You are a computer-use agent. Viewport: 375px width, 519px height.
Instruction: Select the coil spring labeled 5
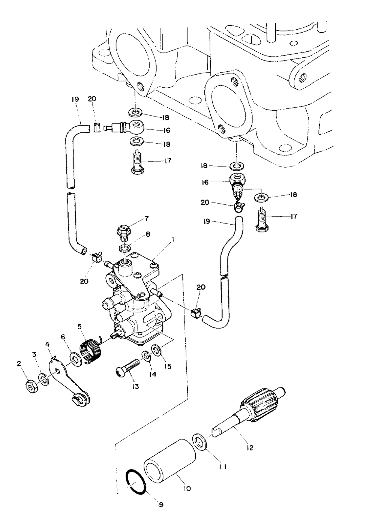[91, 351]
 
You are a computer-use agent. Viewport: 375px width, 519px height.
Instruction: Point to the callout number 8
[147, 234]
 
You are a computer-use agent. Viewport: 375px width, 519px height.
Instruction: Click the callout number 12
[250, 448]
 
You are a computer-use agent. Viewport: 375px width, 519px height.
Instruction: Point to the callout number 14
[153, 374]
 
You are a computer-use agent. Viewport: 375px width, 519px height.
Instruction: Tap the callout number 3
[34, 354]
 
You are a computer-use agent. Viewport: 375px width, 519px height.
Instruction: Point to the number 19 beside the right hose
[207, 222]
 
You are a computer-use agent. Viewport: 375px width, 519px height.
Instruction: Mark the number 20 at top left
[92, 99]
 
